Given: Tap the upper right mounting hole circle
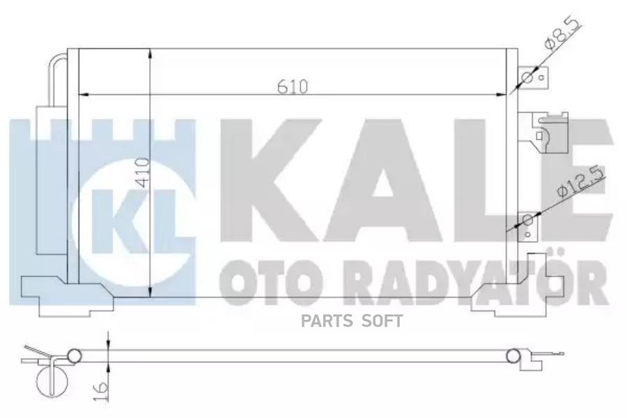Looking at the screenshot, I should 527,77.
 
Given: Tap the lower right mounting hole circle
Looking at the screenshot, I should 527,222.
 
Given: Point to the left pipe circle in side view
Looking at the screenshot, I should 75,356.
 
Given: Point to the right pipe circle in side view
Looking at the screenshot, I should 513,356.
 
